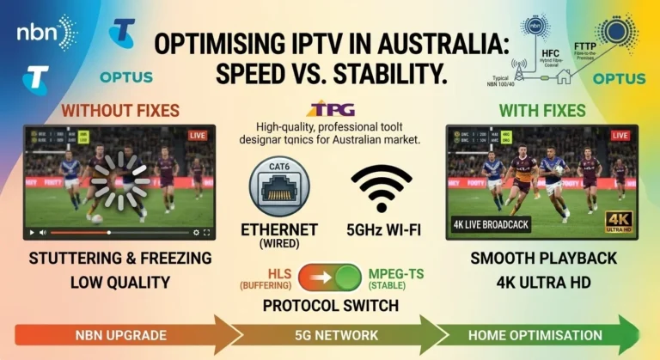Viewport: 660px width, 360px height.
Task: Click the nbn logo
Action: [x=46, y=32]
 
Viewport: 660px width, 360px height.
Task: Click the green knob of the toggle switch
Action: [x=347, y=278]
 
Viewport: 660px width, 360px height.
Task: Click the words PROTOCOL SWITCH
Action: [x=330, y=305]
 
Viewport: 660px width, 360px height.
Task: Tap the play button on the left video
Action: [x=32, y=233]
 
